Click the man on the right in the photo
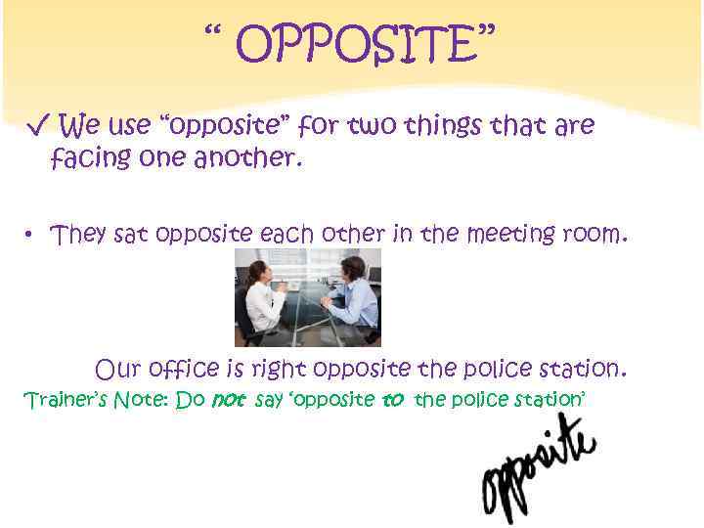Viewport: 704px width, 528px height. pos(354,293)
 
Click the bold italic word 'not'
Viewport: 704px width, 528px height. pos(228,400)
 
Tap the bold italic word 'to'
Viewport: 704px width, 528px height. pos(392,400)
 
